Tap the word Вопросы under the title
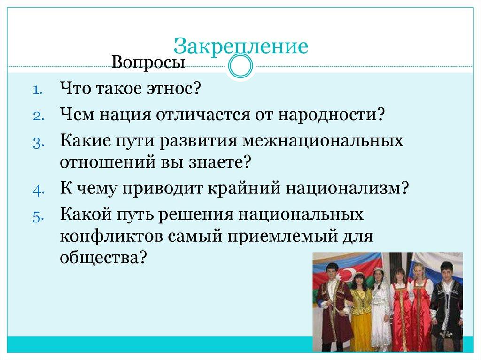click(148, 62)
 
